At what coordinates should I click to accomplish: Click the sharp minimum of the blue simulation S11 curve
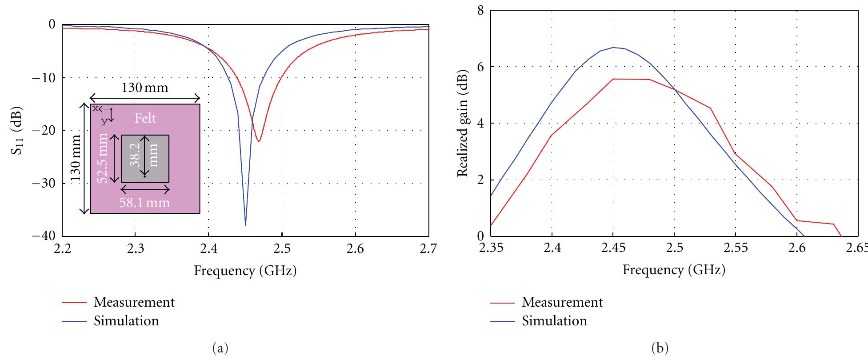245,225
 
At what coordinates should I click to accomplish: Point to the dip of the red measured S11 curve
258,141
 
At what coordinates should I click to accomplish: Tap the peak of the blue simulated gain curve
613,48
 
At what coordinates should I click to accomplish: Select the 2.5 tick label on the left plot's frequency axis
282,249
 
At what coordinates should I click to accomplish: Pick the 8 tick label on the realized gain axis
480,10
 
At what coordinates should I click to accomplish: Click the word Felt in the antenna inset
146,118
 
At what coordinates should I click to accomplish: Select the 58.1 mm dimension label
144,203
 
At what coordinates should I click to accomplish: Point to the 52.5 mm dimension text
103,158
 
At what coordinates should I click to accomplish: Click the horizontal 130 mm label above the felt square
145,88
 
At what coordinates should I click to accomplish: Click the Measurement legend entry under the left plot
134,302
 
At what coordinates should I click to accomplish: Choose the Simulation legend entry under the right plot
554,321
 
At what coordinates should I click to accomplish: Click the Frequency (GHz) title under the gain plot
674,270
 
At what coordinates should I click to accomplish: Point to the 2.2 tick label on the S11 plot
62,249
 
